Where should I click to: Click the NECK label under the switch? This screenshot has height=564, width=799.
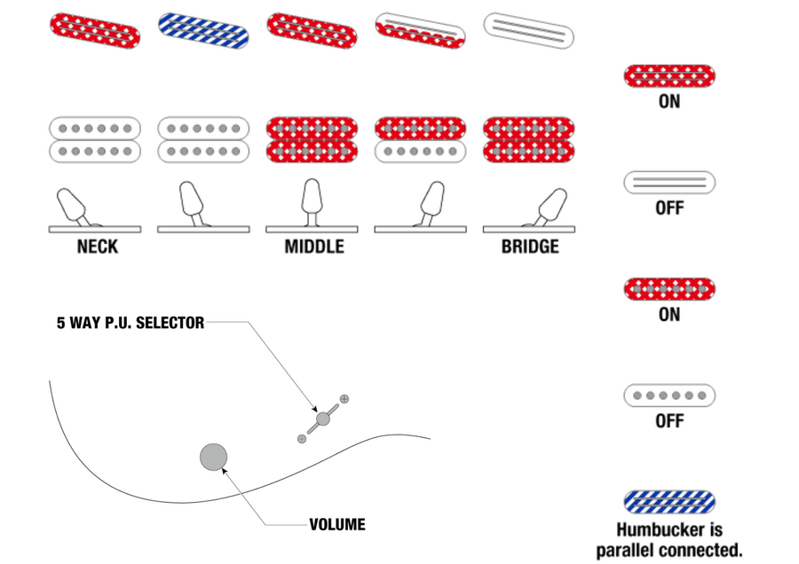96,247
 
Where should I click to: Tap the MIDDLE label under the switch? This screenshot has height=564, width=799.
313,247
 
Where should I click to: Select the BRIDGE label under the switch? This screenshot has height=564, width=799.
530,247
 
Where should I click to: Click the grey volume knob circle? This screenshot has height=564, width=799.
213,458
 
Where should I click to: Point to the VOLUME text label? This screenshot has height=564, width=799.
336,525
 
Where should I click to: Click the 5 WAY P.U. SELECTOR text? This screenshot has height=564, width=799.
131,323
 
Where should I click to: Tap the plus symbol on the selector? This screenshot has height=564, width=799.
344,399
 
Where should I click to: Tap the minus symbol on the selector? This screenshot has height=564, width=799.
302,439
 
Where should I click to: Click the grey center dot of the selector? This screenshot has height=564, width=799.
323,419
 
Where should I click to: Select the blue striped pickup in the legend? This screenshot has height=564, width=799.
669,502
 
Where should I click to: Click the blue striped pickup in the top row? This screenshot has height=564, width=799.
203,30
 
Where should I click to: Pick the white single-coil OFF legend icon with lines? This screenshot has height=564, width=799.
669,183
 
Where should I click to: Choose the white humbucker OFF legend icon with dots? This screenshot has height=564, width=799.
669,396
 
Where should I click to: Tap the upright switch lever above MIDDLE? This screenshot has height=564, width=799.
312,197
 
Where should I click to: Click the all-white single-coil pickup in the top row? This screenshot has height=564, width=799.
529,29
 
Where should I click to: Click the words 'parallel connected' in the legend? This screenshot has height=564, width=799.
668,551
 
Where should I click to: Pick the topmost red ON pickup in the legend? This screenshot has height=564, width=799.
669,76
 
